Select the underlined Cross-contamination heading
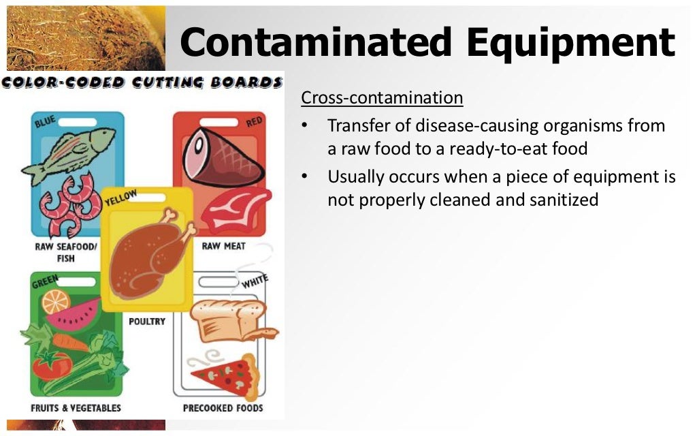[382, 98]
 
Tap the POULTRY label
[147, 321]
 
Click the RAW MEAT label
[223, 246]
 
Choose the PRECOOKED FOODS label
[223, 408]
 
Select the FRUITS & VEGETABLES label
[76, 408]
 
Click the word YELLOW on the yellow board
[120, 199]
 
